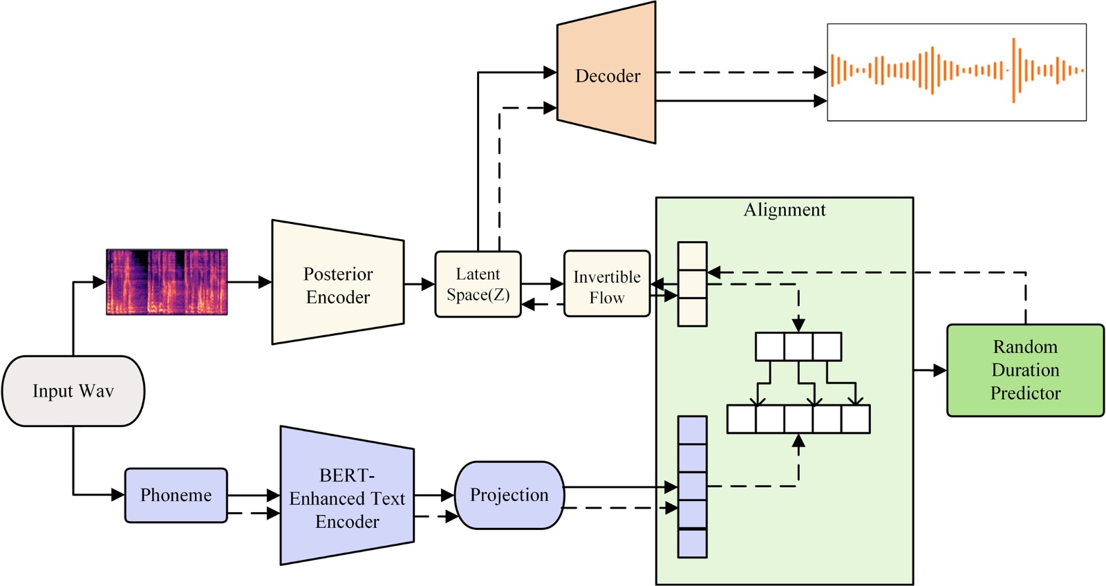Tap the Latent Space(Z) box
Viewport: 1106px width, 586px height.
coord(478,284)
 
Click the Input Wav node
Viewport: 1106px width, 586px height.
coord(73,391)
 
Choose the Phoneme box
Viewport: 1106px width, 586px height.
coord(176,495)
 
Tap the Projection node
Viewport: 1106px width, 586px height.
coord(509,495)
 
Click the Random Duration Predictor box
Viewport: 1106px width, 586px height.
coord(1025,370)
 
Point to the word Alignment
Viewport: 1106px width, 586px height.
coord(785,210)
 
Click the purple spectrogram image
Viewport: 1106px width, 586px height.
coord(167,282)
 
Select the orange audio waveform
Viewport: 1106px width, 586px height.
coord(957,71)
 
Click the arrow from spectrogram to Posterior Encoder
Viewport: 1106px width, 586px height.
coord(250,282)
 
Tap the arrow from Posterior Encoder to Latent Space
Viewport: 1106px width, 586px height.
coord(420,284)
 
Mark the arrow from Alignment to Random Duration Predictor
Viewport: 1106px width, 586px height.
coord(930,370)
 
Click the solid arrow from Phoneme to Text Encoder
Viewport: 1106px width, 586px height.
coord(253,495)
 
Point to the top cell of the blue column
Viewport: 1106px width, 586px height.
coord(692,430)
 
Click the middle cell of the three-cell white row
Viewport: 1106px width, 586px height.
coord(798,347)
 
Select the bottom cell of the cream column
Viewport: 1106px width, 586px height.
coord(692,312)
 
